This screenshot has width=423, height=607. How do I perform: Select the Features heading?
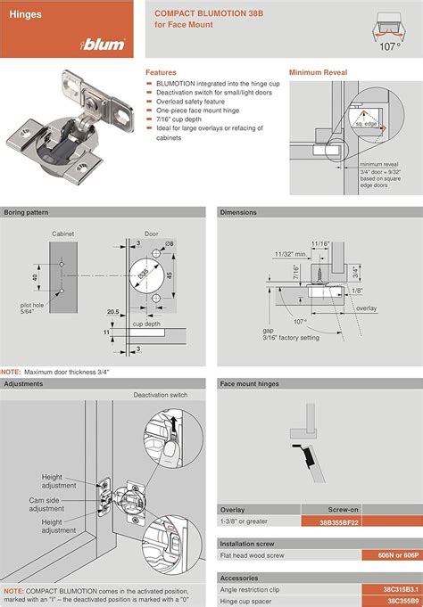(x=161, y=72)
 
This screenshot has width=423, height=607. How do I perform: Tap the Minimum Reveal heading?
(x=319, y=72)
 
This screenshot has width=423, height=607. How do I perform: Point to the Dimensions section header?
(x=239, y=212)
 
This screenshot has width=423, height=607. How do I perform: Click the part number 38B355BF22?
(x=322, y=521)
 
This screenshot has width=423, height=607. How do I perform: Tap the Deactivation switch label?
(x=162, y=395)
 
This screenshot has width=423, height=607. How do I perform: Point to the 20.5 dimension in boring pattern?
(x=112, y=312)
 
